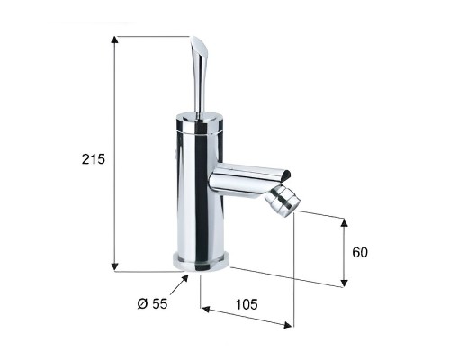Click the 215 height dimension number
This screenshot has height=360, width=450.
pos(94,159)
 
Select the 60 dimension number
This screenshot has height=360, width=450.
pos(360,252)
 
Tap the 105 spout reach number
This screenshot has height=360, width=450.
pos(247,304)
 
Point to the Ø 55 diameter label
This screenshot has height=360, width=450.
pos(152,304)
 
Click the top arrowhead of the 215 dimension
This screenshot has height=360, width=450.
pos(114,40)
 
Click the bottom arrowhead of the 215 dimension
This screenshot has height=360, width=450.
pos(114,266)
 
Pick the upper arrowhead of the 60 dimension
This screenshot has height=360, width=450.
pos(345,223)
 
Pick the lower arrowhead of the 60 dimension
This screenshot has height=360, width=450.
pos(345,283)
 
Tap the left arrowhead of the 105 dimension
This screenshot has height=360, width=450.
pos(206,309)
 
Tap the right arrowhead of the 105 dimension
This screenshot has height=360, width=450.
pos(287,325)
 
